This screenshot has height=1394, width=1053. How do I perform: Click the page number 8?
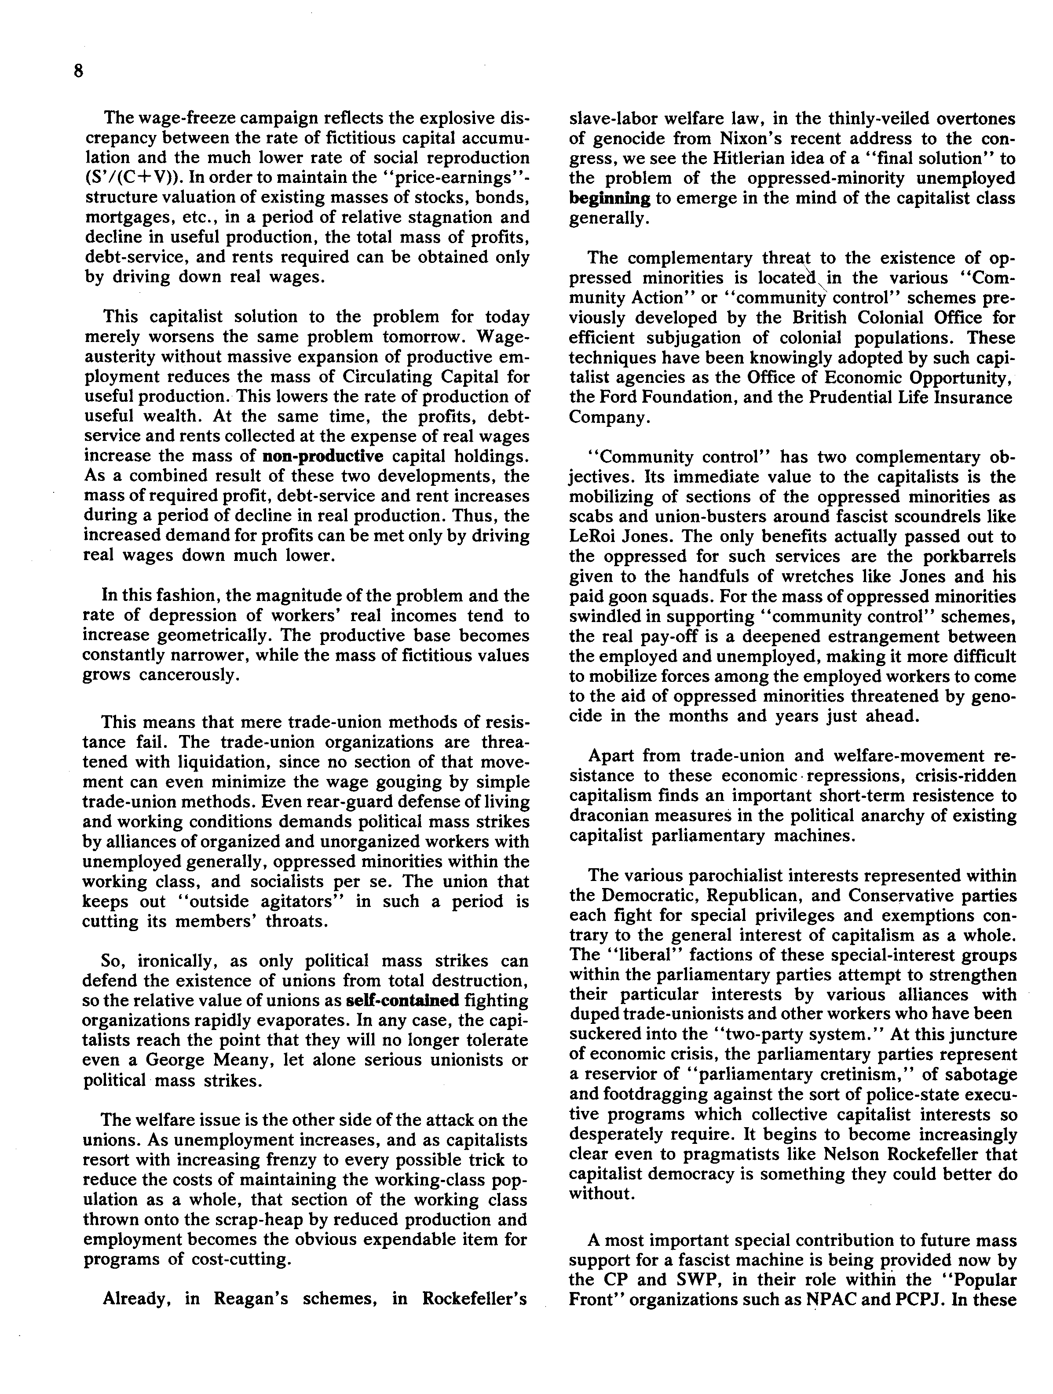pyautogui.click(x=78, y=71)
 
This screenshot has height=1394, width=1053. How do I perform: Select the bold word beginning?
pyautogui.click(x=609, y=198)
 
